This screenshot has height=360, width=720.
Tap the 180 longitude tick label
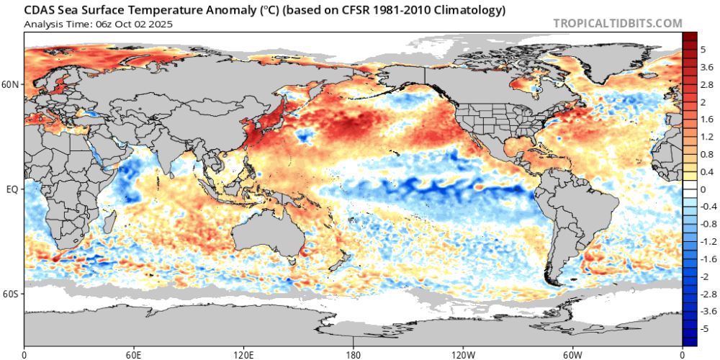pyautogui.click(x=353, y=354)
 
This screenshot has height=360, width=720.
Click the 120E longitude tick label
pyautogui.click(x=243, y=354)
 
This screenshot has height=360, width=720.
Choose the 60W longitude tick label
pyautogui.click(x=572, y=354)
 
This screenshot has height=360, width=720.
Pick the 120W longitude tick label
pyautogui.click(x=463, y=354)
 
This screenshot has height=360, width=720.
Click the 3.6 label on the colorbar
pyautogui.click(x=706, y=67)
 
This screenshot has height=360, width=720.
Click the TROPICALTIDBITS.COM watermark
pyautogui.click(x=617, y=23)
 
